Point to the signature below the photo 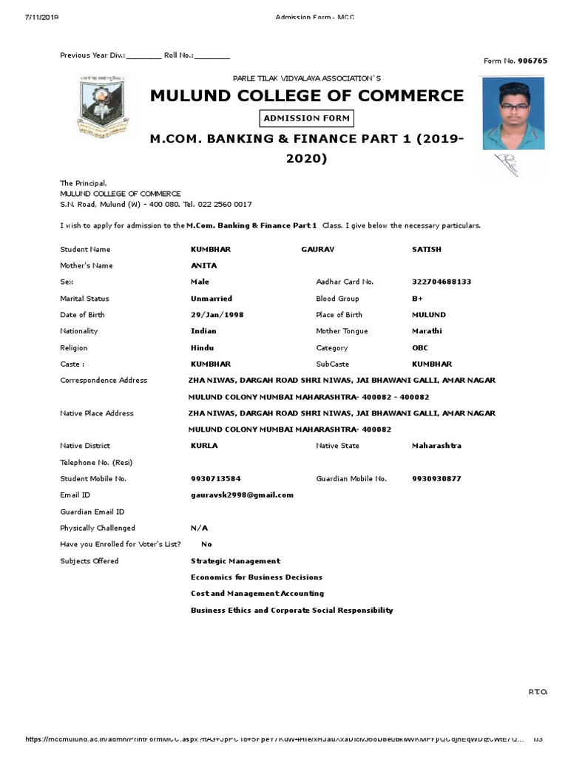coord(507,164)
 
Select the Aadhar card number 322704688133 coord(442,282)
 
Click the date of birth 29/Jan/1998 coord(217,315)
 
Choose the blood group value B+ coord(417,299)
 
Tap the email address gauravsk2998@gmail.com coord(242,495)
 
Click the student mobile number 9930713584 coord(215,479)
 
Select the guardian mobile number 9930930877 coord(436,479)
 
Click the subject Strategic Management coord(235,561)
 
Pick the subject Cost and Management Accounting coord(257,594)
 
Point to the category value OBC coord(419,347)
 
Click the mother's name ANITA coord(203,265)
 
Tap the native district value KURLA coord(204,446)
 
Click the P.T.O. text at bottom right coord(538,692)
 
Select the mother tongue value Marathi coord(427,331)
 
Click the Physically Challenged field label coord(98,528)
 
